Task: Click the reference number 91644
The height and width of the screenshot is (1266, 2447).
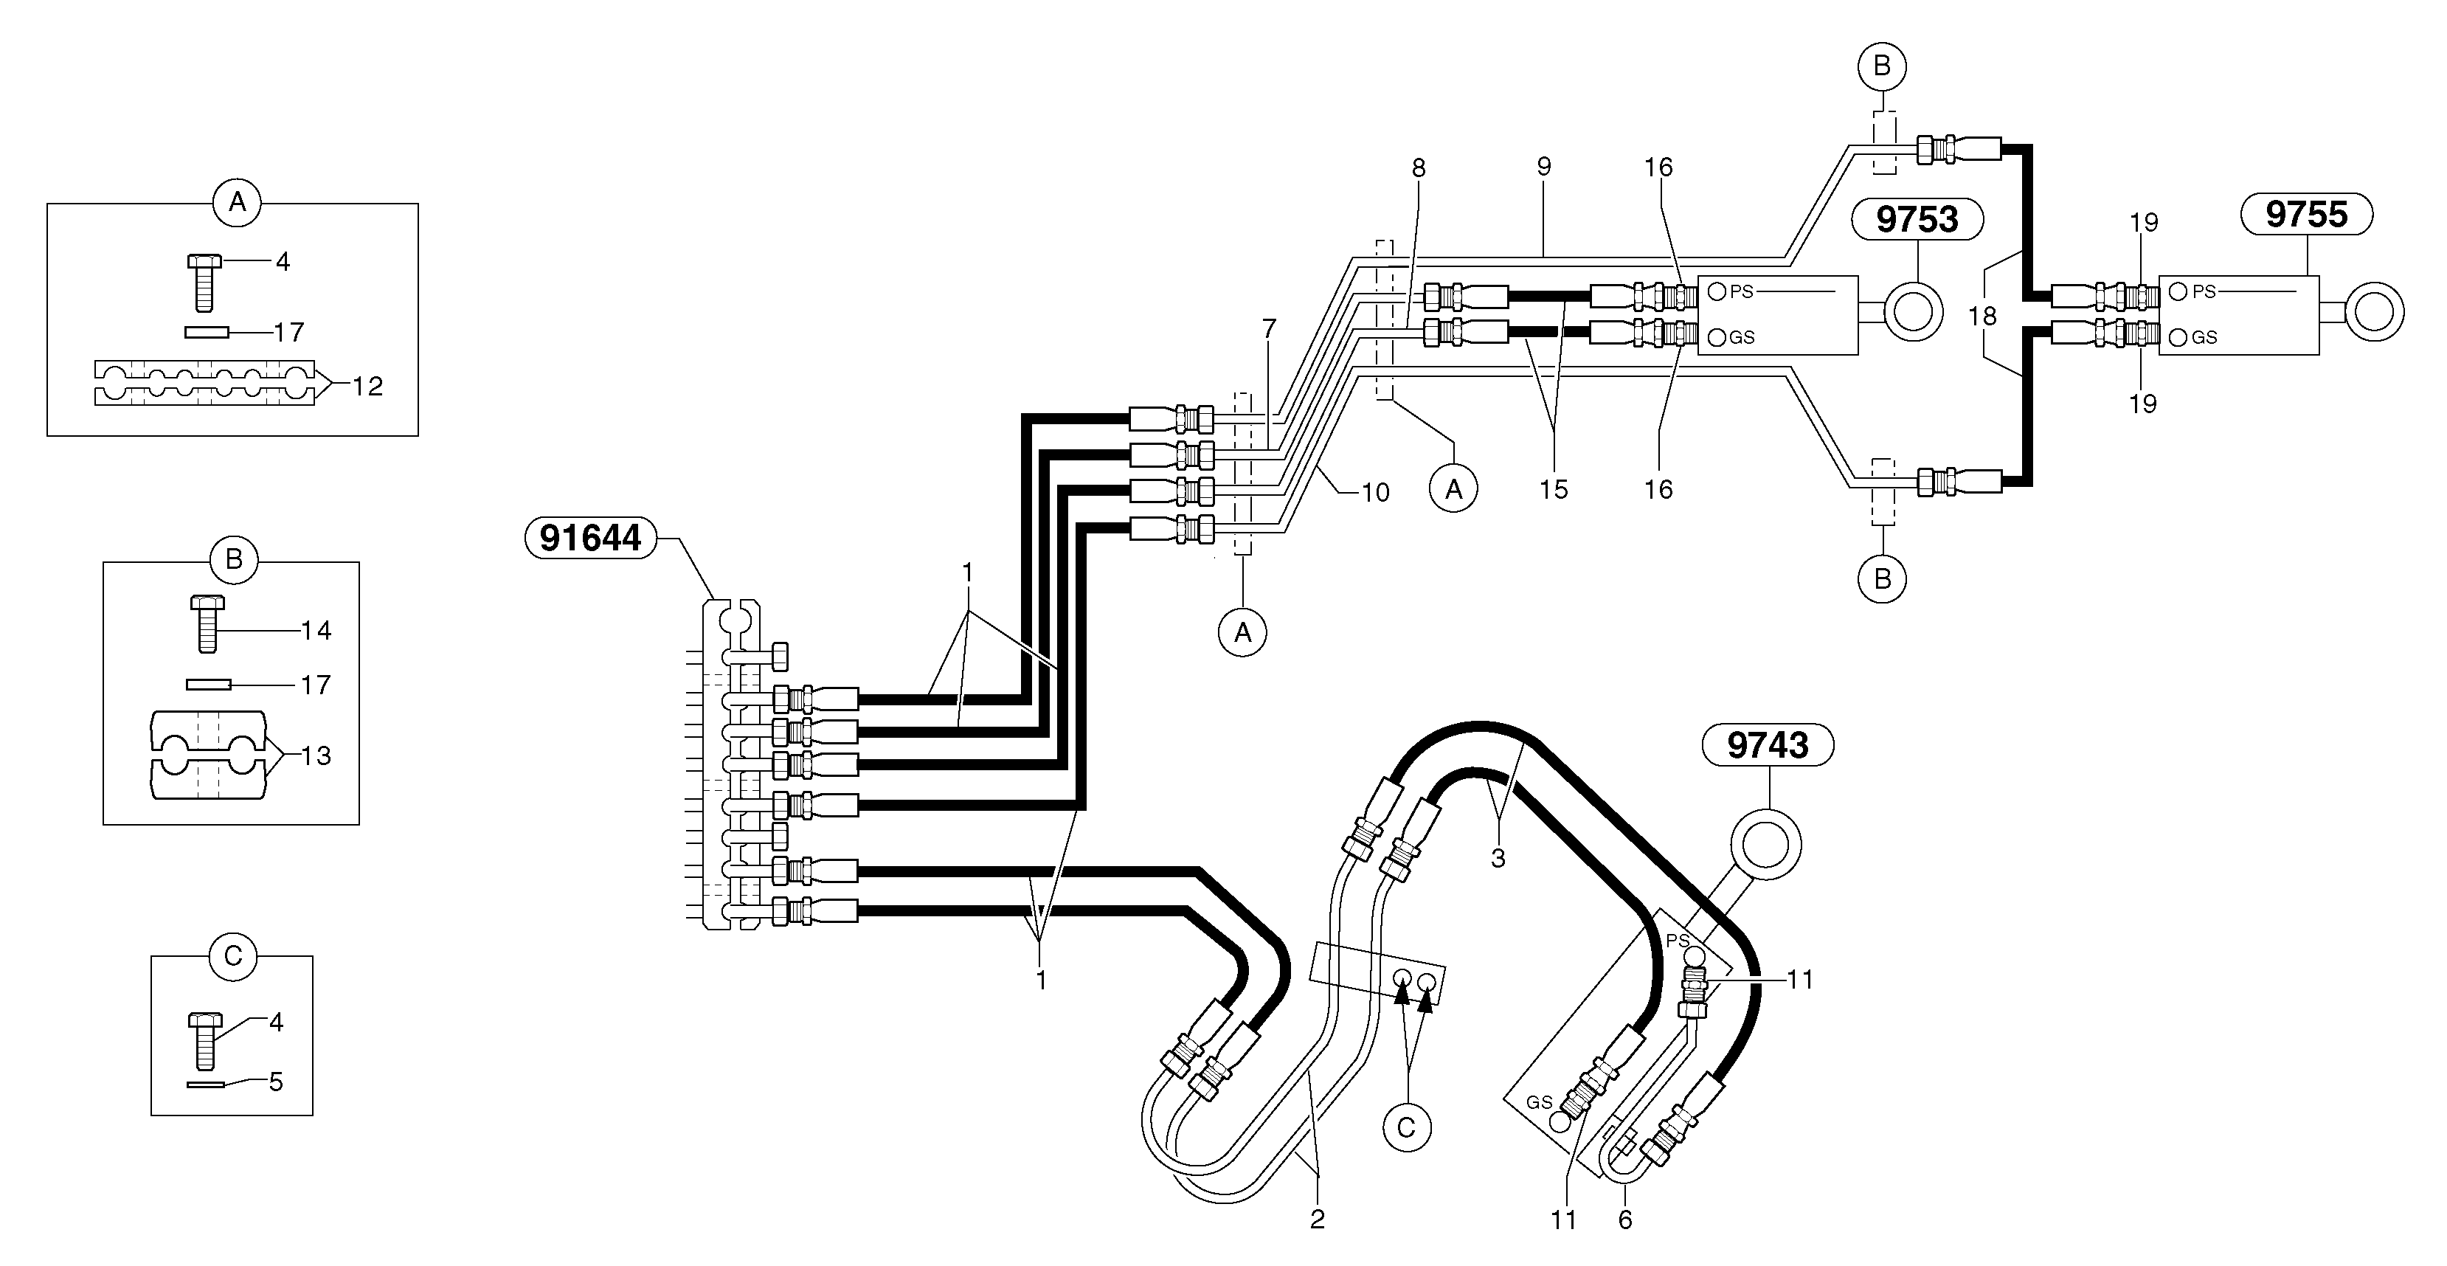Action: pyautogui.click(x=590, y=539)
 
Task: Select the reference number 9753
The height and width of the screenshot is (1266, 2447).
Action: pyautogui.click(x=1917, y=219)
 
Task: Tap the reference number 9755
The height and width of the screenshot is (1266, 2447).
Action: pyautogui.click(x=2305, y=215)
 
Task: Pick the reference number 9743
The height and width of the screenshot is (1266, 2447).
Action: pyautogui.click(x=1767, y=746)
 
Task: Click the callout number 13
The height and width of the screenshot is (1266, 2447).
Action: pyautogui.click(x=316, y=756)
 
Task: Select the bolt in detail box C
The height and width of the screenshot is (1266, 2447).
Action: pyautogui.click(x=205, y=1041)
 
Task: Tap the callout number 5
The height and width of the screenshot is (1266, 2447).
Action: pyautogui.click(x=275, y=1082)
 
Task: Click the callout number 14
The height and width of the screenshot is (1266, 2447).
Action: pyautogui.click(x=316, y=631)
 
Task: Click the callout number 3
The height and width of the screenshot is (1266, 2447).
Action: pyautogui.click(x=1498, y=859)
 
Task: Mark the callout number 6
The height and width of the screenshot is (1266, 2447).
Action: pyautogui.click(x=1624, y=1220)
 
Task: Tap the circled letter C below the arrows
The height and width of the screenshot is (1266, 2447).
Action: pyautogui.click(x=1407, y=1127)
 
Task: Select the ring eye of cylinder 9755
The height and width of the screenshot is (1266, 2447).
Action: pyautogui.click(x=2374, y=311)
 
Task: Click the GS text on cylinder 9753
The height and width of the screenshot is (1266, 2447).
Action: pyautogui.click(x=1741, y=337)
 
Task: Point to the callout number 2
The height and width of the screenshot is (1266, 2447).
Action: pyautogui.click(x=1317, y=1220)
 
